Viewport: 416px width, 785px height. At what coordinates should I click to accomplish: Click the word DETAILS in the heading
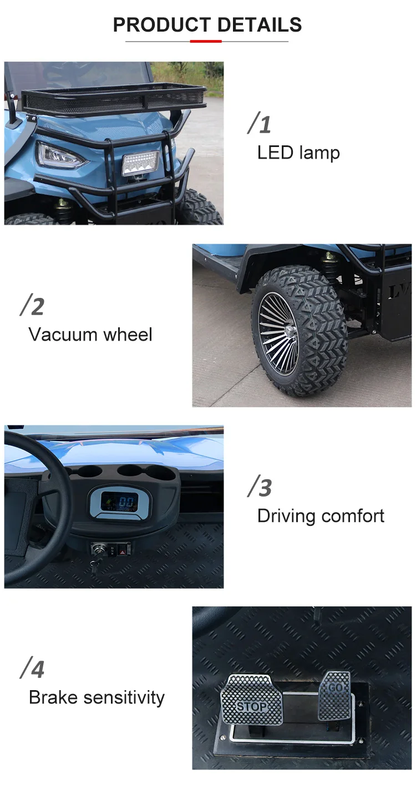[x=260, y=25]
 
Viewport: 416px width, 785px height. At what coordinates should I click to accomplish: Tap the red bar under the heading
[x=206, y=42]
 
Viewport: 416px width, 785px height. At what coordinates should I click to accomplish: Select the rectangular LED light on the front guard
[x=140, y=163]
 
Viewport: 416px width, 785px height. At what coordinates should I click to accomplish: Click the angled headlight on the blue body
[x=60, y=155]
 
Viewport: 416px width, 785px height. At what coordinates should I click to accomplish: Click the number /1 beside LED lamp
[x=259, y=123]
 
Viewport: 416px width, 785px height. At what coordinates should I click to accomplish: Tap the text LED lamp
[x=298, y=153]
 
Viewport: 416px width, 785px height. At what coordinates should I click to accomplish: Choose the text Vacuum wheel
[x=90, y=335]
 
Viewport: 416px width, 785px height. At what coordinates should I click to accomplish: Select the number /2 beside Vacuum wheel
[x=32, y=305]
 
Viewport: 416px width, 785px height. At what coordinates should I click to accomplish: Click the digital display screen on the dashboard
[x=119, y=502]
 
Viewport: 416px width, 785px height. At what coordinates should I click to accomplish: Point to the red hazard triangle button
[x=123, y=553]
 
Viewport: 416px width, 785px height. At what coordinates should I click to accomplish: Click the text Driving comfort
[x=321, y=516]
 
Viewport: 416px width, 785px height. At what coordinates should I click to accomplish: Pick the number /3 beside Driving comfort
[x=260, y=487]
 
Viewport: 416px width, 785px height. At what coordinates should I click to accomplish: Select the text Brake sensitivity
[x=97, y=698]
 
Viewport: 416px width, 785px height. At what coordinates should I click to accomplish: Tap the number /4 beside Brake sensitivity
[x=32, y=668]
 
